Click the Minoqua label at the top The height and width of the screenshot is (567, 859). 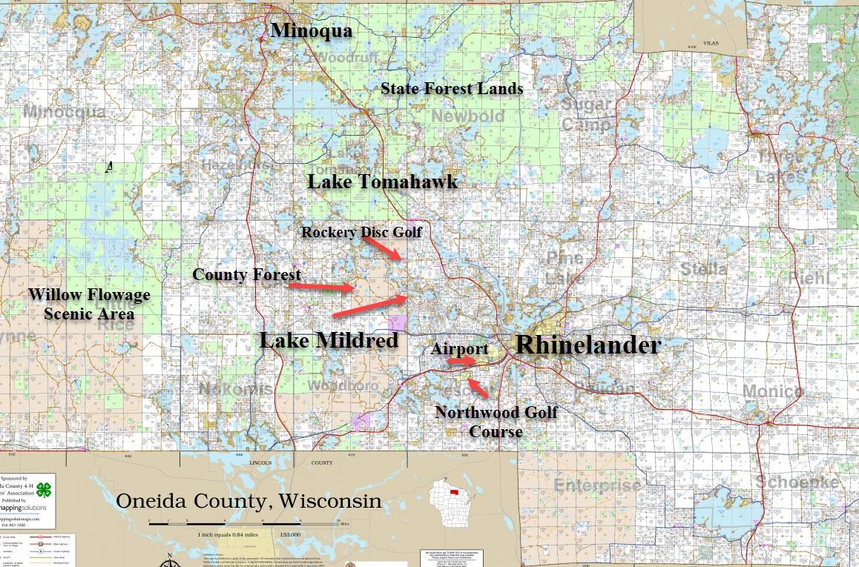click(x=312, y=30)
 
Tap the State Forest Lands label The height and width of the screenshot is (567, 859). click(x=452, y=89)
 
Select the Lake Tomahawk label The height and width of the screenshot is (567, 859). click(x=383, y=182)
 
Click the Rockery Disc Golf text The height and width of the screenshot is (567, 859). click(x=361, y=232)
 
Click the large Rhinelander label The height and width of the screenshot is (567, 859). click(x=588, y=345)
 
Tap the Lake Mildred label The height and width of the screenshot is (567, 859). click(x=329, y=340)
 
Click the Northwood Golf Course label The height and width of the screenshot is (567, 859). click(x=496, y=421)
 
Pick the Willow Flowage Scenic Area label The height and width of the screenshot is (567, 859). click(x=89, y=304)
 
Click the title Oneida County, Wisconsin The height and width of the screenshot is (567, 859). click(x=249, y=501)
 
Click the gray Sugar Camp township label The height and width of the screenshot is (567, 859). click(x=586, y=113)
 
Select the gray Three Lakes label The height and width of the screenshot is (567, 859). click(x=780, y=167)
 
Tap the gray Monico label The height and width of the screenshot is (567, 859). click(x=771, y=391)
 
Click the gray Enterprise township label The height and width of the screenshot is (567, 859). click(x=597, y=485)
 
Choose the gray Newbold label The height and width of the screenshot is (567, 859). click(x=467, y=116)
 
